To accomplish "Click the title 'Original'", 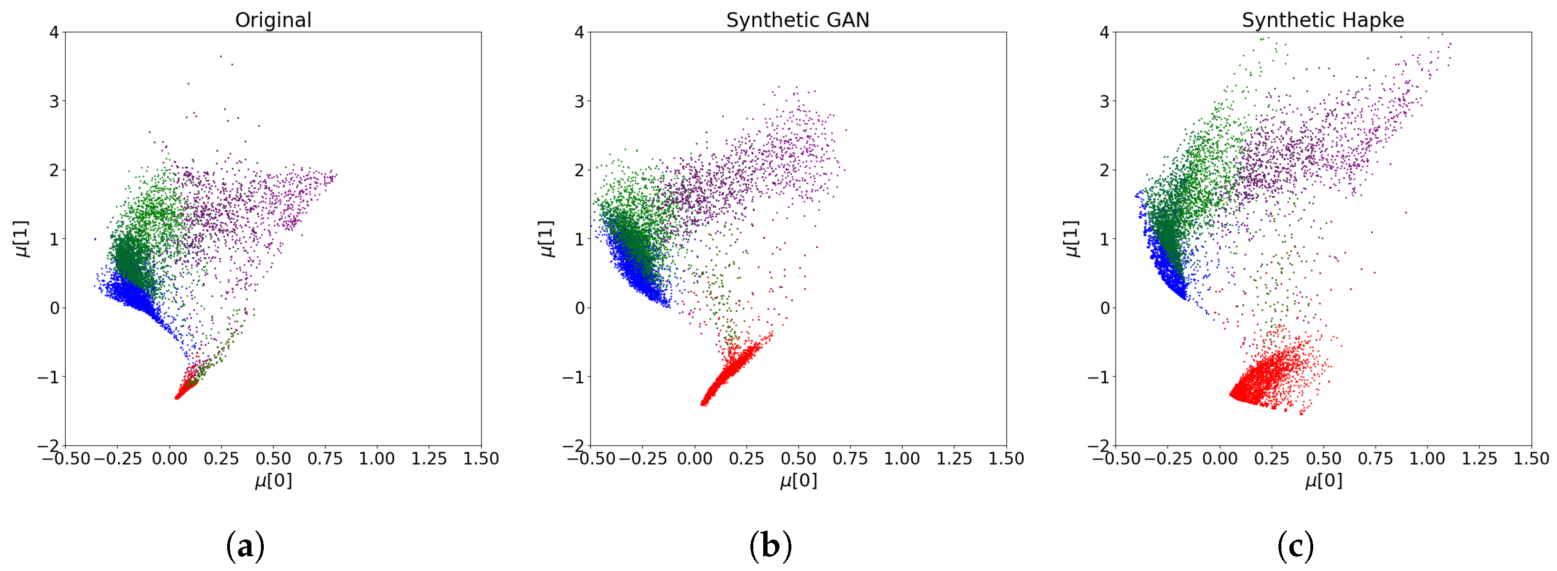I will pyautogui.click(x=273, y=20).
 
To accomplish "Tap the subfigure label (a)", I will pyautogui.click(x=245, y=546).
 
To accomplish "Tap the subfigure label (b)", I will pyautogui.click(x=770, y=546).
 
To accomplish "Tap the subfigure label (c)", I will pyautogui.click(x=1295, y=546).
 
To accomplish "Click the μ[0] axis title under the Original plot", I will pyautogui.click(x=273, y=480).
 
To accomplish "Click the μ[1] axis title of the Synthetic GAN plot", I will pyautogui.click(x=546, y=238).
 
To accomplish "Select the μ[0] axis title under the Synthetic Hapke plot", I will pyautogui.click(x=1323, y=480).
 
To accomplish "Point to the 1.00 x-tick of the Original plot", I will pyautogui.click(x=377, y=459).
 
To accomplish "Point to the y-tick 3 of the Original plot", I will pyautogui.click(x=54, y=101).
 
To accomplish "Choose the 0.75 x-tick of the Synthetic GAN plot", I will pyautogui.click(x=850, y=459).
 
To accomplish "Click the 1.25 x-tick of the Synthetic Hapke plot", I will pyautogui.click(x=1479, y=459).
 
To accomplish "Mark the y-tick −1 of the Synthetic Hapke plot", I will pyautogui.click(x=1099, y=377).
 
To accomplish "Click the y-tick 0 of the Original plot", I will pyautogui.click(x=54, y=308).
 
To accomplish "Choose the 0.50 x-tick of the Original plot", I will pyautogui.click(x=273, y=459).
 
